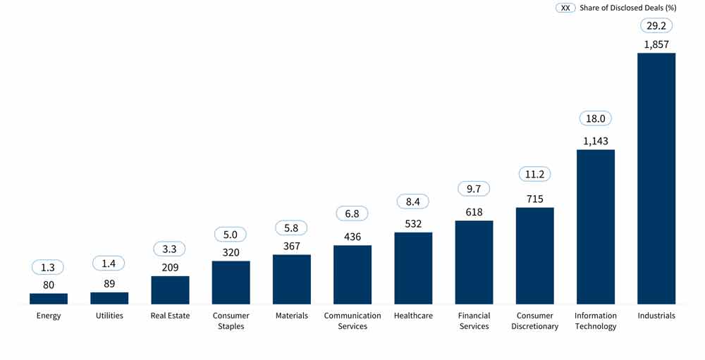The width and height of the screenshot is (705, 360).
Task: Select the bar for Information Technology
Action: point(595,226)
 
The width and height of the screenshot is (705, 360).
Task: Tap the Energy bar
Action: point(49,299)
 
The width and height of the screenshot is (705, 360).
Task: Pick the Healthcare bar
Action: point(413,268)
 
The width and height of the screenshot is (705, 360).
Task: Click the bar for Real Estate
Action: point(170,290)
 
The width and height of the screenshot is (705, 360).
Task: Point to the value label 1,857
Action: point(656,44)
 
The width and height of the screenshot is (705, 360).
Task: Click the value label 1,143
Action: point(595,140)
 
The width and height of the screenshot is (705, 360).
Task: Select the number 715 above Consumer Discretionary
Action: point(534,199)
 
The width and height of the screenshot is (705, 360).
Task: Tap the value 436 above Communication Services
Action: point(352,237)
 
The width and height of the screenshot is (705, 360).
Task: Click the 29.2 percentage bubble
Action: point(656,25)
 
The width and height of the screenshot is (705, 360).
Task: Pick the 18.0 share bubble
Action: point(595,119)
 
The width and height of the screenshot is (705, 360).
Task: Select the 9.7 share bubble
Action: point(474,189)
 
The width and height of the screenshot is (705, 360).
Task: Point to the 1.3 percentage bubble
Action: point(49,267)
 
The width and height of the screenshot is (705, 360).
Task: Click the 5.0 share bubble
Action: point(231,234)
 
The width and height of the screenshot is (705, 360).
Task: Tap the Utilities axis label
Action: point(109,316)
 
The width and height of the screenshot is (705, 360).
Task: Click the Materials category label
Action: point(291,316)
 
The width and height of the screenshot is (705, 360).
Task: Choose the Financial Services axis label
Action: point(474,321)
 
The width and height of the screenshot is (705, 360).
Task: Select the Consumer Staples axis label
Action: point(231,321)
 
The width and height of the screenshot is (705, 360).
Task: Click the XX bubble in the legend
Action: point(565,8)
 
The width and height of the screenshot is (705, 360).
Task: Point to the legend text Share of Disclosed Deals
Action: point(627,8)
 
